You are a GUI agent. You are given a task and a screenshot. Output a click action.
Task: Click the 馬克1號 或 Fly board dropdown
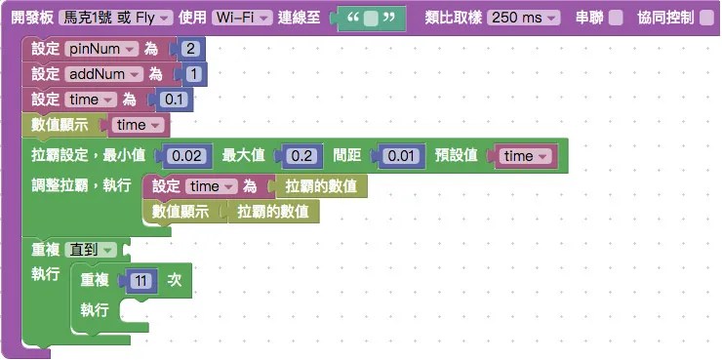pyautogui.click(x=117, y=19)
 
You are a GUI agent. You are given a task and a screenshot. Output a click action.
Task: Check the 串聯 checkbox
pyautogui.click(x=616, y=19)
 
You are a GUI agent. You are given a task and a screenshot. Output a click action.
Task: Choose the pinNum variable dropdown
pyautogui.click(x=103, y=49)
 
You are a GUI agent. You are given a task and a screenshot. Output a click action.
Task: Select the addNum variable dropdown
pyautogui.click(x=105, y=74)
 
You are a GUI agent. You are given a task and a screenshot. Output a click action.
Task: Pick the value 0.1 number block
pyautogui.click(x=174, y=100)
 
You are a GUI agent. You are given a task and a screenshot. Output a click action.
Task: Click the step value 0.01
pyautogui.click(x=403, y=156)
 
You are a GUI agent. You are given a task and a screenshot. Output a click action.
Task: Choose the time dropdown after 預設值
pyautogui.click(x=525, y=156)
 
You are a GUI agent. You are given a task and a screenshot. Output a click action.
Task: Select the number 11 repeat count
pyautogui.click(x=142, y=280)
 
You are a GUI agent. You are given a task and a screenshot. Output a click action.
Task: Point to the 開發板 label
pyautogui.click(x=31, y=19)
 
